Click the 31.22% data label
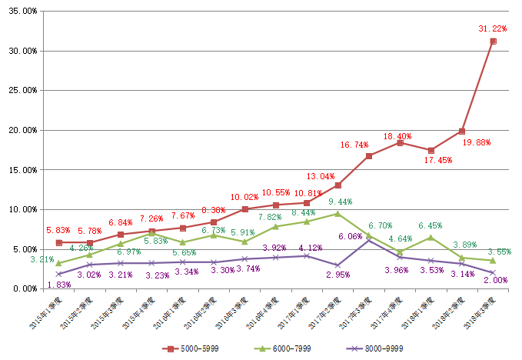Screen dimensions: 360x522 [494, 28]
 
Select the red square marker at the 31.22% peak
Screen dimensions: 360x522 [493, 41]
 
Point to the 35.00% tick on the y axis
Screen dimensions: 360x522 [21, 12]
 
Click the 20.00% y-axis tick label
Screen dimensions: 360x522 [21, 130]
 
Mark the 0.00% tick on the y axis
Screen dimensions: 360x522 [23, 288]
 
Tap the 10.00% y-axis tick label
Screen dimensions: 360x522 [21, 209]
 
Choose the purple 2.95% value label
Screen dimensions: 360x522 [338, 275]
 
